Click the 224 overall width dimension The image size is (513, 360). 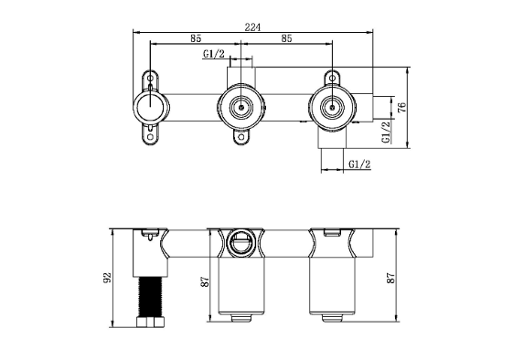coord(252,27)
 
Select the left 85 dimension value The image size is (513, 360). coord(196,38)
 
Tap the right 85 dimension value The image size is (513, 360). coord(286,38)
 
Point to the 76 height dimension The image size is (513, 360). coord(402,107)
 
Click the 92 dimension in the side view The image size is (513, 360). coord(108,278)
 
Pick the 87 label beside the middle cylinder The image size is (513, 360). coord(205,281)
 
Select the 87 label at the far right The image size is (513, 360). coord(391,278)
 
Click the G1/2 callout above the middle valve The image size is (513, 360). coord(214,53)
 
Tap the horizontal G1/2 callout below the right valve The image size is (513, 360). coord(359,164)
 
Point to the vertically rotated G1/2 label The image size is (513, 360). coord(387,132)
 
